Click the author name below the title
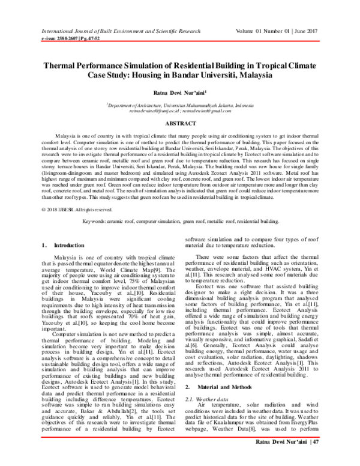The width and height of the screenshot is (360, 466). click(x=179, y=93)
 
